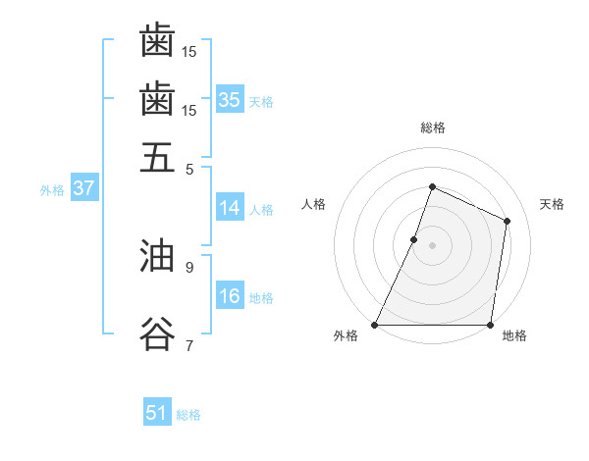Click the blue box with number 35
tap(230, 99)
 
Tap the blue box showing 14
tap(230, 208)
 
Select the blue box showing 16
tap(230, 297)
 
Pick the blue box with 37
tap(83, 188)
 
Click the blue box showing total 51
tap(156, 413)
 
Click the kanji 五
tap(157, 157)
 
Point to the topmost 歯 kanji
tap(157, 42)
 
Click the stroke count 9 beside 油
tap(189, 266)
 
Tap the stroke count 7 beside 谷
tap(189, 344)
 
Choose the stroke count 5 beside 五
tap(189, 168)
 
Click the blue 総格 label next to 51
tap(188, 415)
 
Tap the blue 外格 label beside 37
tap(51, 190)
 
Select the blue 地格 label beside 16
tap(261, 298)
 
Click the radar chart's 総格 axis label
tap(432, 128)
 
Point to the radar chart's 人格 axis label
tap(314, 204)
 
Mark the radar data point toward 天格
tap(508, 221)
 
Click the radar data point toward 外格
tap(375, 325)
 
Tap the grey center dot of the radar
tap(432, 244)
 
